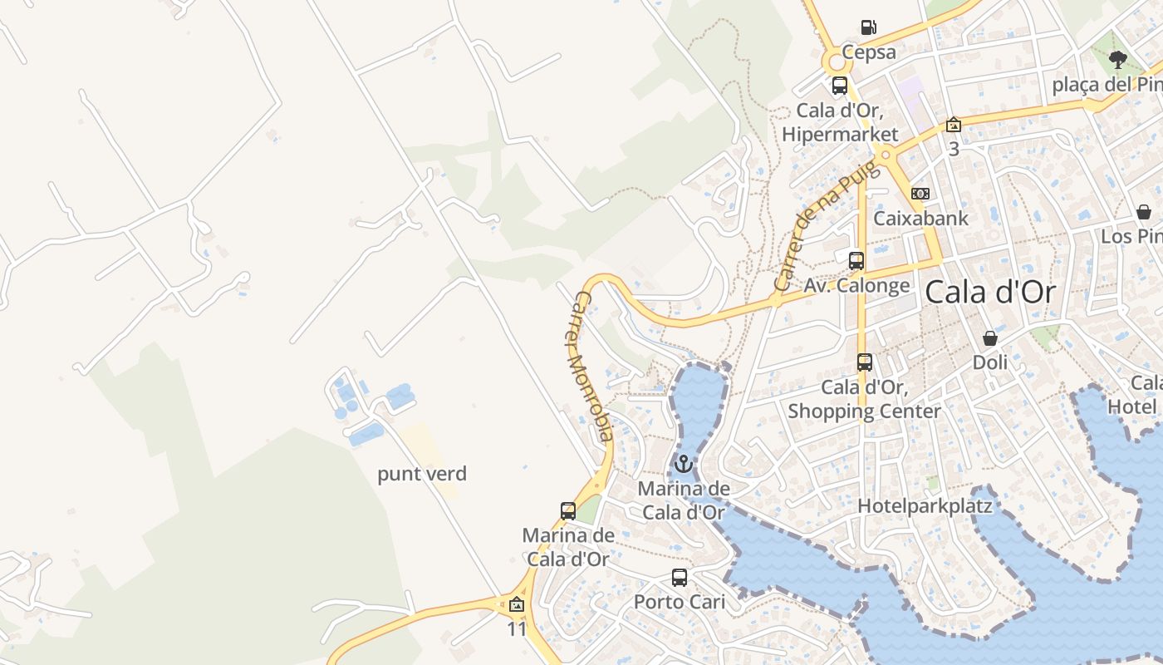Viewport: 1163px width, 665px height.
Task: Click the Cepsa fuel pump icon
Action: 869,27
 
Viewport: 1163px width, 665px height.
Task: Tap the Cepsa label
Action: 869,52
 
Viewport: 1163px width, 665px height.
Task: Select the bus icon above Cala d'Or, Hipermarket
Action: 840,85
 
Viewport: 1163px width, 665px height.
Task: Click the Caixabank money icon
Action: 920,194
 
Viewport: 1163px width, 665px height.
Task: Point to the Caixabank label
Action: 920,219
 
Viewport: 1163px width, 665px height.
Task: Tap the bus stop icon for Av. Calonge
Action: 856,260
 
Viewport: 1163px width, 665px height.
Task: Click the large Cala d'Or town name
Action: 989,293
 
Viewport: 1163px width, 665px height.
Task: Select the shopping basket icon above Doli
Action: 990,338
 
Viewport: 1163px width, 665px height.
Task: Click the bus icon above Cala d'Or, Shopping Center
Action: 865,362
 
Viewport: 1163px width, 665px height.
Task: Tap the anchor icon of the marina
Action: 683,464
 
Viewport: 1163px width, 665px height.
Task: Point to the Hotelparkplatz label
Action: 925,505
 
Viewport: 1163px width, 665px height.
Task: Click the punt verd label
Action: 422,474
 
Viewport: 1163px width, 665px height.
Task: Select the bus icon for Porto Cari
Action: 680,577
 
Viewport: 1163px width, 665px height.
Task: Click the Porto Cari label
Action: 680,601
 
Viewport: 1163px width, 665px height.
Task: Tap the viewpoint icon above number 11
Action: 517,604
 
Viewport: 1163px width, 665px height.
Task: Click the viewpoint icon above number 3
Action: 954,125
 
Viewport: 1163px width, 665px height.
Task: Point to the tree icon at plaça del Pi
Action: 1118,59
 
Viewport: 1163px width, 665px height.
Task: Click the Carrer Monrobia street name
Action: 593,366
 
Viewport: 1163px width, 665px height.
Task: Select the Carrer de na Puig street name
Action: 826,226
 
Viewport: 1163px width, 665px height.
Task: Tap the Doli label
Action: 990,362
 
